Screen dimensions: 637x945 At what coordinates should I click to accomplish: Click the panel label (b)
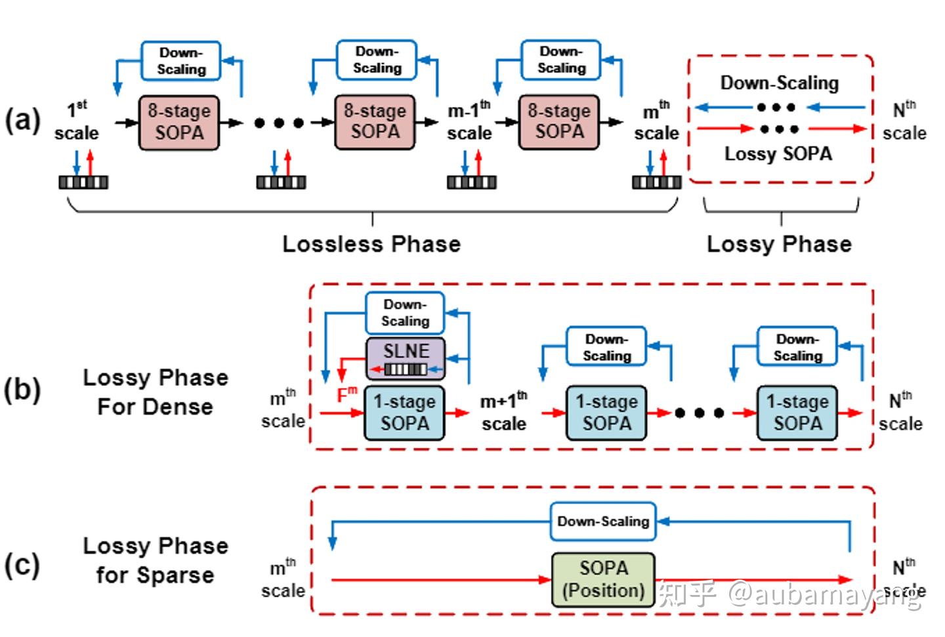(22, 390)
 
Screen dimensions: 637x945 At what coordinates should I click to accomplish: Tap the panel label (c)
(22, 565)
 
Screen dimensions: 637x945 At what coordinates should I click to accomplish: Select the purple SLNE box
(405, 358)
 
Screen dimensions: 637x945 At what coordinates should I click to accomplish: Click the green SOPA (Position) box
(603, 579)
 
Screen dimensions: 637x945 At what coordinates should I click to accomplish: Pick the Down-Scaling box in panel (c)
(603, 522)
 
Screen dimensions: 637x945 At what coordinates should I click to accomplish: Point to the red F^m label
(346, 394)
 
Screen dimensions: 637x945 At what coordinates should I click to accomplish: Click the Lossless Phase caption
(371, 244)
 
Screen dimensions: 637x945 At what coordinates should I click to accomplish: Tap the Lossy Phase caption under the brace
(779, 244)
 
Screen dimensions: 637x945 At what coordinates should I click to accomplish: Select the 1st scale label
(76, 121)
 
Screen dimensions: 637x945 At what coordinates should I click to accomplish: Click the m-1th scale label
(469, 121)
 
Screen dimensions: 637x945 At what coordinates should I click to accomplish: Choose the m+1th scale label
(503, 412)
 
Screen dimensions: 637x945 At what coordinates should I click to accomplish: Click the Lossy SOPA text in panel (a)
(778, 154)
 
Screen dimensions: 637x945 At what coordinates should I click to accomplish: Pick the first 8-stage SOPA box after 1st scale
(178, 122)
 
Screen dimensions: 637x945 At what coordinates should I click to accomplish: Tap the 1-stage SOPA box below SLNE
(404, 412)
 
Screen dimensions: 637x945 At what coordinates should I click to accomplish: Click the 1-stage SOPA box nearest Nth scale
(797, 412)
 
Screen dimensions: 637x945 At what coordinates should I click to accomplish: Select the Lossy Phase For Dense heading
(155, 392)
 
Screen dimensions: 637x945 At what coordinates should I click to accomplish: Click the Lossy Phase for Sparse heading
(155, 560)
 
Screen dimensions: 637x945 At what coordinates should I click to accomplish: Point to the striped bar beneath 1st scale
(83, 182)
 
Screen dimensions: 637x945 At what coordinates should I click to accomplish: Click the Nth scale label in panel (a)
(904, 121)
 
